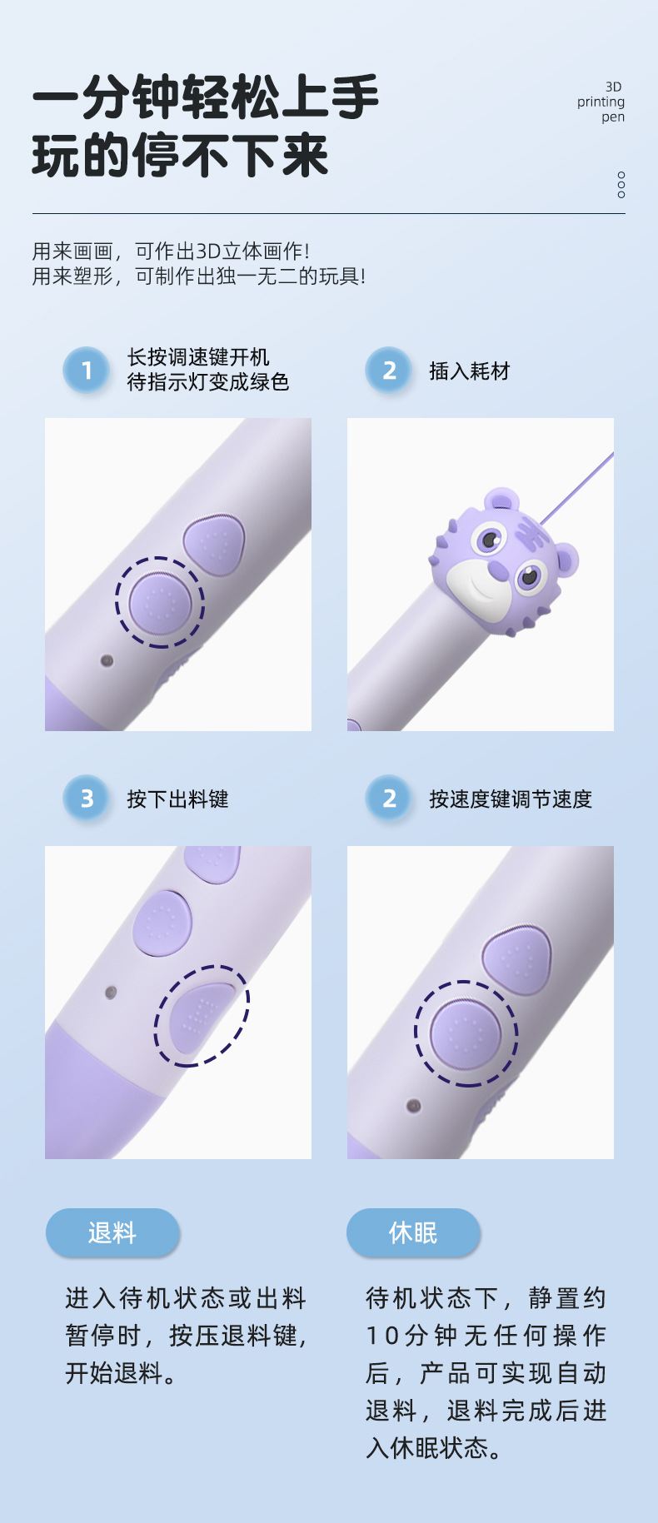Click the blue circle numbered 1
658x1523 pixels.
87,370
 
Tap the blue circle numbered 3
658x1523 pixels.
87,799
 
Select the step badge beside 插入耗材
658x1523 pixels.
389,370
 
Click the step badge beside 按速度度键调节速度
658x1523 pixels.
389,799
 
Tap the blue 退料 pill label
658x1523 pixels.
112,1232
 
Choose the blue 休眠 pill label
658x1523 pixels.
413,1232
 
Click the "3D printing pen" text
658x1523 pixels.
602,102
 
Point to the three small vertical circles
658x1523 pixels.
621,185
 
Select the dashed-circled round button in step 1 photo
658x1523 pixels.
159,602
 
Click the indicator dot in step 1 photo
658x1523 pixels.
107,660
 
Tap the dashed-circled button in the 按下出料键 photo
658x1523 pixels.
201,1015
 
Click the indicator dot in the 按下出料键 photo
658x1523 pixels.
110,993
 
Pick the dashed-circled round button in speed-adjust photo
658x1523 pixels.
466,1033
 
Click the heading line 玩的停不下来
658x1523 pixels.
181,156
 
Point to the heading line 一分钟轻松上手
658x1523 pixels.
206,97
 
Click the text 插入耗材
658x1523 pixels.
469,371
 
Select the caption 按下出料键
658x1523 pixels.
177,799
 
